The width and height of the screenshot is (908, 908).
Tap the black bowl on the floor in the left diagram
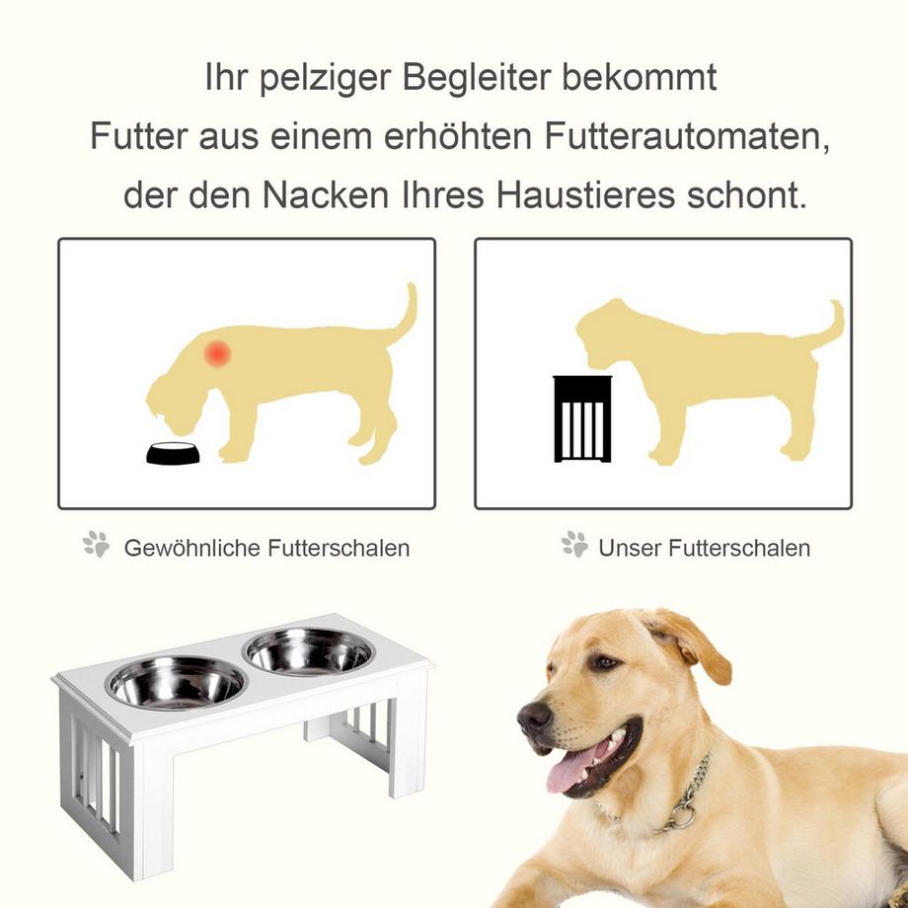click(x=173, y=454)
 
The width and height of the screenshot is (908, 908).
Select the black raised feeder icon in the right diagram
click(x=582, y=418)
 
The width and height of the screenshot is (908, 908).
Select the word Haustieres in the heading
click(x=582, y=194)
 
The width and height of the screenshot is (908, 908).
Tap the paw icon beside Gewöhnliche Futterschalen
click(x=97, y=545)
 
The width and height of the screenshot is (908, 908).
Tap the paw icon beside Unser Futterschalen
click(x=574, y=545)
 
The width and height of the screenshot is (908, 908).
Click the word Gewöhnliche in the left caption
click(x=189, y=548)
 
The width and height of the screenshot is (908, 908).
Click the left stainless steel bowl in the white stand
click(x=177, y=682)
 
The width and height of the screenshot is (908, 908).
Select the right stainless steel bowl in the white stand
click(x=308, y=651)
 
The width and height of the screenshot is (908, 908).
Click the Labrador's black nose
click(x=534, y=719)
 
